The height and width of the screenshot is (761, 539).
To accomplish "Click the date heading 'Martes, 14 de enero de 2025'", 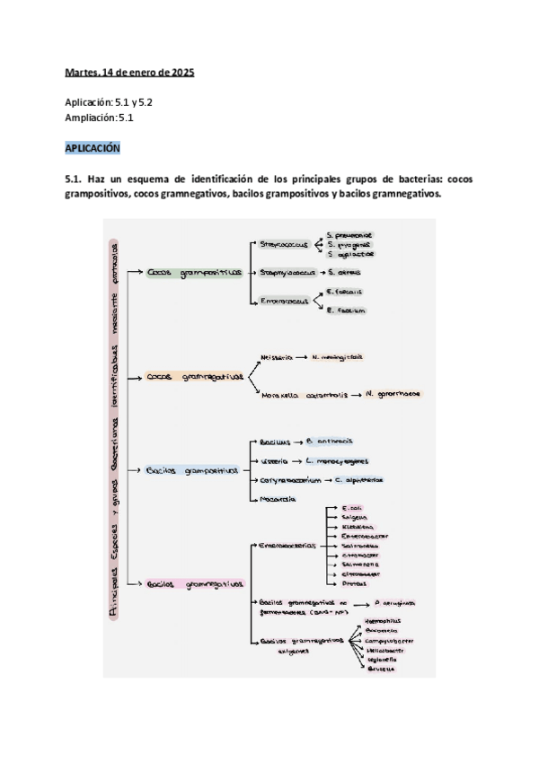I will (x=129, y=72).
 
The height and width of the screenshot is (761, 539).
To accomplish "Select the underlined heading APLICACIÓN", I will (x=93, y=147).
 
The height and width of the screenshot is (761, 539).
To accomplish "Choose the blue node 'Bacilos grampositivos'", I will (x=192, y=470).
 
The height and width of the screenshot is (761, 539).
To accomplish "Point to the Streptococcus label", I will (x=284, y=243).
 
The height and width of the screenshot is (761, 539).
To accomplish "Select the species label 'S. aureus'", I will (x=346, y=271).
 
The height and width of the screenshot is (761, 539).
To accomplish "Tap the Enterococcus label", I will (x=284, y=302).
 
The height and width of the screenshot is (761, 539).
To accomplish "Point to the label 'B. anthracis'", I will (x=330, y=441).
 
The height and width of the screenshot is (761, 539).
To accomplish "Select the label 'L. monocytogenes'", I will (x=336, y=461).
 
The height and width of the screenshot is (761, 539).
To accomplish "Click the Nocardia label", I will (x=279, y=498).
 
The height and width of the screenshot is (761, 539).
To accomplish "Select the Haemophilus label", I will (x=387, y=619).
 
